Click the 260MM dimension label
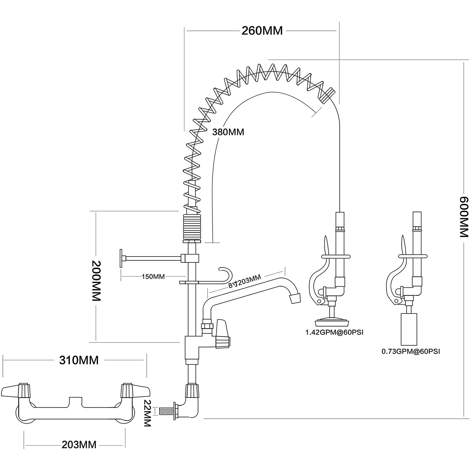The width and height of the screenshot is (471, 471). tap(262, 31)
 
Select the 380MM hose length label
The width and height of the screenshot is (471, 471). tap(228, 132)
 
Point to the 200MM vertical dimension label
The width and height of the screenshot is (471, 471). tap(96, 280)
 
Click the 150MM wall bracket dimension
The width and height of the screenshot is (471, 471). tap(153, 277)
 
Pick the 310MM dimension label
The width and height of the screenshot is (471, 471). tap(79, 360)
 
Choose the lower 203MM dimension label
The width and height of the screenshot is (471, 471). tap(79, 445)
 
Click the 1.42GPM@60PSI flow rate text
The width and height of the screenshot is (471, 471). tap(334, 332)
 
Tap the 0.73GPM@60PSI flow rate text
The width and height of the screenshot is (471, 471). tap(411, 352)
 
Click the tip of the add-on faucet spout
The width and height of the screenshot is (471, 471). tap(295, 298)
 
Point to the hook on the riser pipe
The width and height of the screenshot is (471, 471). tap(227, 273)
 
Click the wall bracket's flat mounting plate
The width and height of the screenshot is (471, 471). tap(121, 258)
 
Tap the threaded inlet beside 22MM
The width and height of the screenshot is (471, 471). tap(166, 412)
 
